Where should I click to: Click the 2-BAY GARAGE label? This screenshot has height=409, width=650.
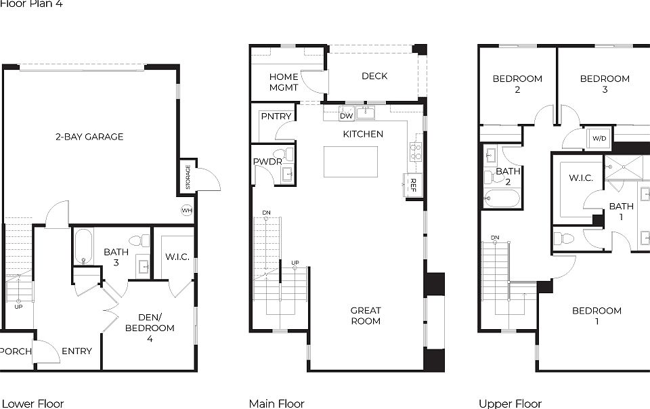[x=89, y=137]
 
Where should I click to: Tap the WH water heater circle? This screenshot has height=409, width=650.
[x=187, y=211]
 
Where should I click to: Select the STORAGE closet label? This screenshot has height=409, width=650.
[x=188, y=177]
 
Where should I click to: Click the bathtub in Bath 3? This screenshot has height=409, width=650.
[x=83, y=246]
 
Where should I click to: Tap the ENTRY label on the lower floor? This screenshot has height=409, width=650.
[x=77, y=351]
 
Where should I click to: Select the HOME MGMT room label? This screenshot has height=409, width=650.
[x=284, y=82]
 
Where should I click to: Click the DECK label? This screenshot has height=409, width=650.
[x=374, y=76]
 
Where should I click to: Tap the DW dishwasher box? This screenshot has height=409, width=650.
[x=347, y=115]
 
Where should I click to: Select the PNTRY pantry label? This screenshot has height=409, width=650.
[x=276, y=116]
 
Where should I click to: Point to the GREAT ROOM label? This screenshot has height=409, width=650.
[x=366, y=316]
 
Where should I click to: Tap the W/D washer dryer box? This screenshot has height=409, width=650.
[x=599, y=139]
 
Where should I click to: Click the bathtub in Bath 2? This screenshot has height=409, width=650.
[x=502, y=198]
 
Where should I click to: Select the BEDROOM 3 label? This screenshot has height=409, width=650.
[x=605, y=84]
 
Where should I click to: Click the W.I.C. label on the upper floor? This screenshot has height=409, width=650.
[x=581, y=178]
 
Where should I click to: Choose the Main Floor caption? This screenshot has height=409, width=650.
[x=276, y=404]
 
